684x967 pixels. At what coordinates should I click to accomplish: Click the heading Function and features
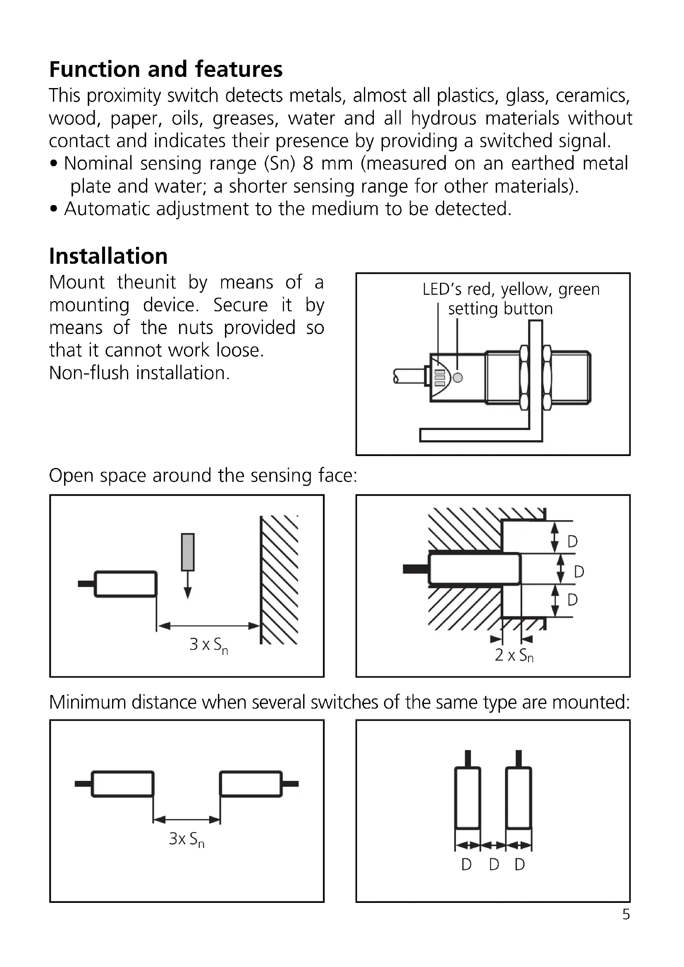[x=165, y=69]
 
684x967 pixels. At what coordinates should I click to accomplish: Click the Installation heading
[x=108, y=256]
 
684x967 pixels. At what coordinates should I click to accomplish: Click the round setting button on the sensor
[x=457, y=377]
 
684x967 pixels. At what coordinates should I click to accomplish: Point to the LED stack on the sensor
[x=440, y=378]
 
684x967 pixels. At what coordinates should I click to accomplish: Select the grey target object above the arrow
[x=188, y=552]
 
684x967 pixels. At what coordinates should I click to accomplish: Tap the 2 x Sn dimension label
[x=514, y=656]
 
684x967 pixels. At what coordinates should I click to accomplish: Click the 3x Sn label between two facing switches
[x=187, y=839]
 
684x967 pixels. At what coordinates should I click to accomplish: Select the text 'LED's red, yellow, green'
[x=511, y=289]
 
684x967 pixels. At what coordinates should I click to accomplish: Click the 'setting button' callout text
[x=500, y=309]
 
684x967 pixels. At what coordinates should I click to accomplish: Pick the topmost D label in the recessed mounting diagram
[x=572, y=541]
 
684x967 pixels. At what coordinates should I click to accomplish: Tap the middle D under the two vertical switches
[x=494, y=864]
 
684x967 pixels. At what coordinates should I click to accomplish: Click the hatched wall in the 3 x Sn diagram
[x=279, y=580]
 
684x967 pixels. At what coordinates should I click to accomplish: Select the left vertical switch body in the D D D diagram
[x=467, y=798]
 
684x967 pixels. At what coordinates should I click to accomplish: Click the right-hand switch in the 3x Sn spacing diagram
[x=251, y=784]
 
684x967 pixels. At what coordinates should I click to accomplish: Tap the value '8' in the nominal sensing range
[x=308, y=163]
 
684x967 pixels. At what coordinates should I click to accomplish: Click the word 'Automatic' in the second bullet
[x=107, y=209]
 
